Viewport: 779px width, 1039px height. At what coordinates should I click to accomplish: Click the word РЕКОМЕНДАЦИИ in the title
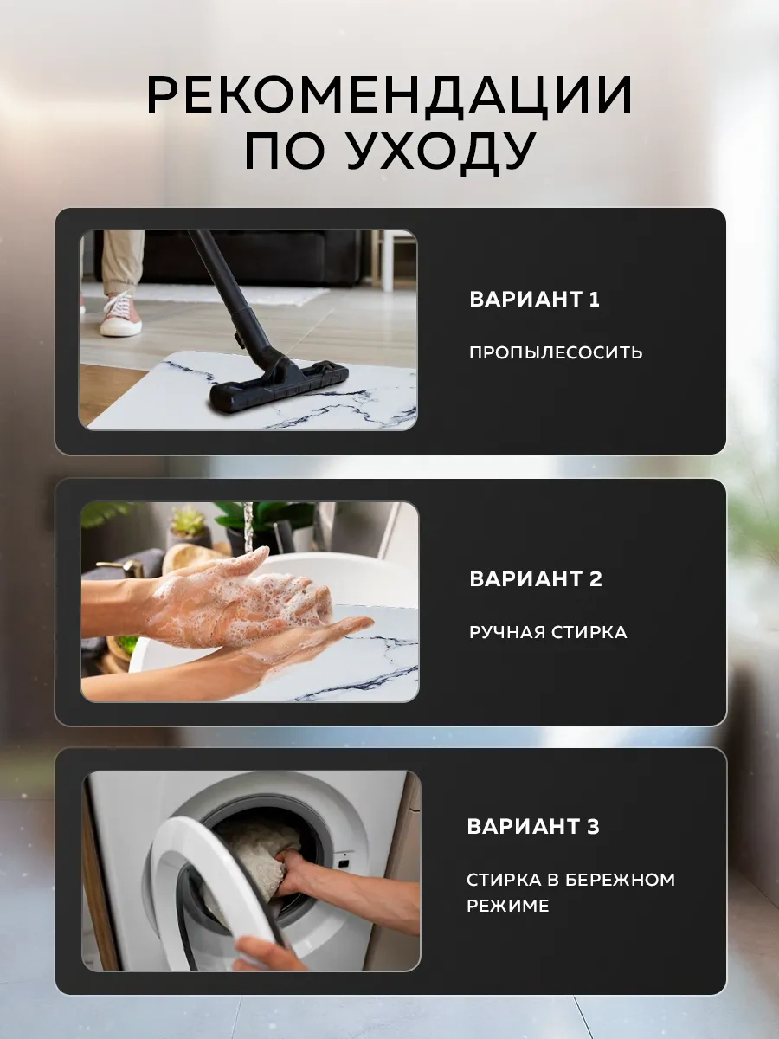click(389, 94)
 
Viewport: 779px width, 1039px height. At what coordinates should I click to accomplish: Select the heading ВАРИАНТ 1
click(534, 300)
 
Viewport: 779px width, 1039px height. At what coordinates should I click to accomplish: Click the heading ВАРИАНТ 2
click(535, 579)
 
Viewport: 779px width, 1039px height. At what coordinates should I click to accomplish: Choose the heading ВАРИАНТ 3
click(532, 827)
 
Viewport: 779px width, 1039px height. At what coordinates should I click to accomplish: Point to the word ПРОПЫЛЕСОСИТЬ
click(556, 352)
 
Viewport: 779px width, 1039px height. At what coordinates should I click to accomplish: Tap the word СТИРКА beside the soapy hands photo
click(587, 632)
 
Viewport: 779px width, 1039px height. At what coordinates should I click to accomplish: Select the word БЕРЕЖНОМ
click(620, 880)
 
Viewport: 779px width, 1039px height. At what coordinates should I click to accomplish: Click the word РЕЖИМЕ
click(507, 907)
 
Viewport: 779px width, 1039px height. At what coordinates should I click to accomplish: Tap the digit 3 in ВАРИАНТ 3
click(592, 827)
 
